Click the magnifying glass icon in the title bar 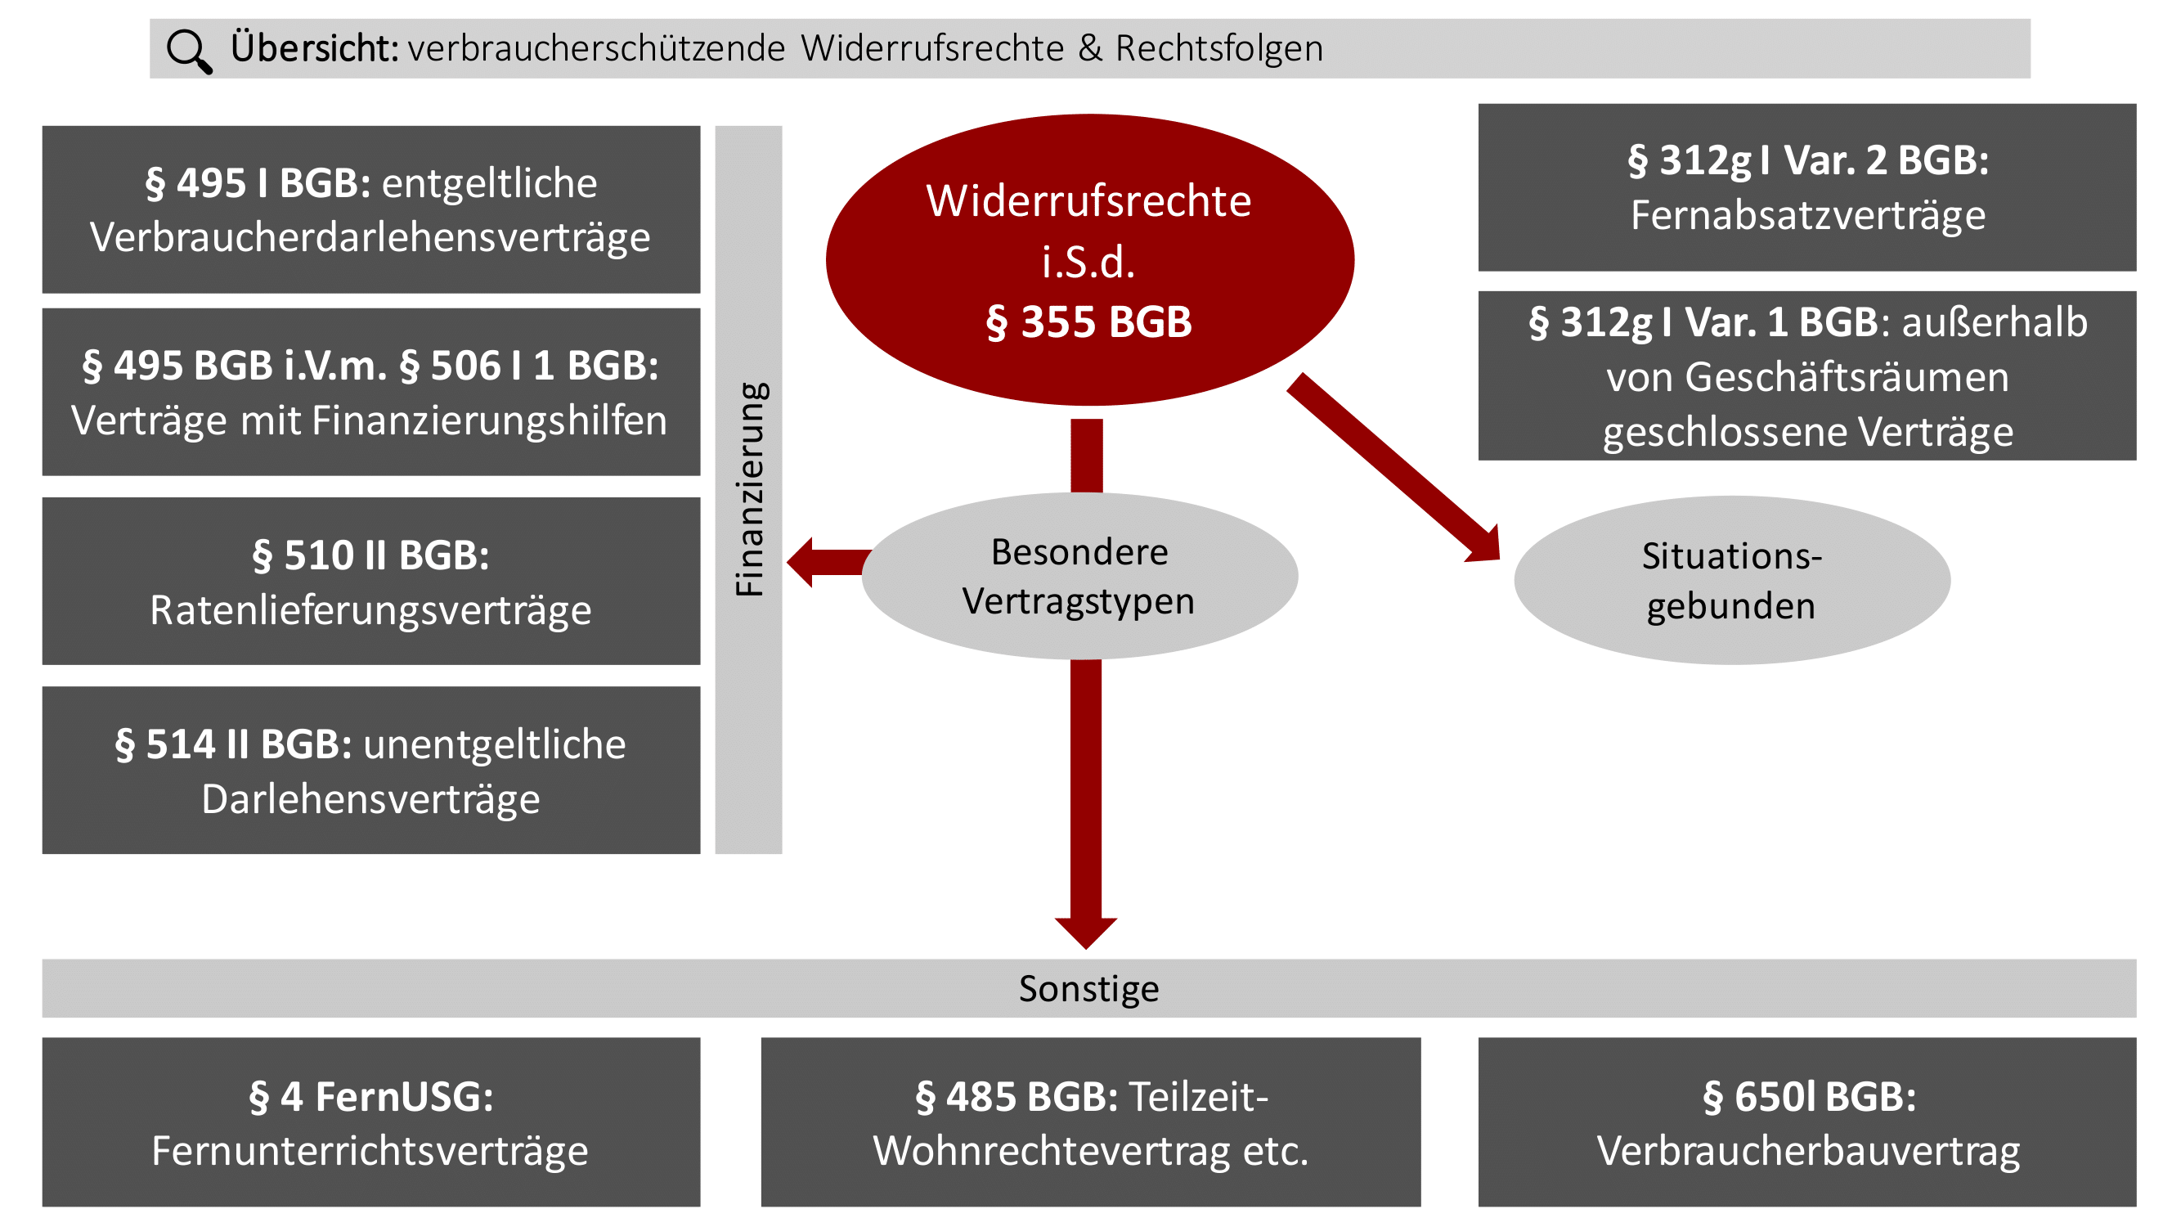[x=189, y=51]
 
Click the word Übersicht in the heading [x=314, y=48]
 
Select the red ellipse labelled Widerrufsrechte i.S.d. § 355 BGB [x=1088, y=260]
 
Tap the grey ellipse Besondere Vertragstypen [x=1079, y=576]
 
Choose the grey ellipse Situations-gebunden [x=1731, y=581]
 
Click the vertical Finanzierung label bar [x=748, y=489]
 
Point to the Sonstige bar [x=1088, y=988]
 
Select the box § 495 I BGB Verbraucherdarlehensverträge [x=370, y=210]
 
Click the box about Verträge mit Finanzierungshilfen [x=370, y=392]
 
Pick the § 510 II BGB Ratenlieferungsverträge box [x=370, y=581]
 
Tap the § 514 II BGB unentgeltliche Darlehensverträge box [x=370, y=770]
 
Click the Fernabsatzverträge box [x=1806, y=188]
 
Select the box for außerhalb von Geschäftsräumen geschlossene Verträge [x=1806, y=376]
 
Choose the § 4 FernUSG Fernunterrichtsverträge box [x=370, y=1122]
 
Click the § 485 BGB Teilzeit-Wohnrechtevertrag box [x=1091, y=1122]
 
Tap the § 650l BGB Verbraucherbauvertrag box [x=1806, y=1122]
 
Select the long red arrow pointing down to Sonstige [x=1086, y=796]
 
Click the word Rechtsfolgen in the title [x=1219, y=48]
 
